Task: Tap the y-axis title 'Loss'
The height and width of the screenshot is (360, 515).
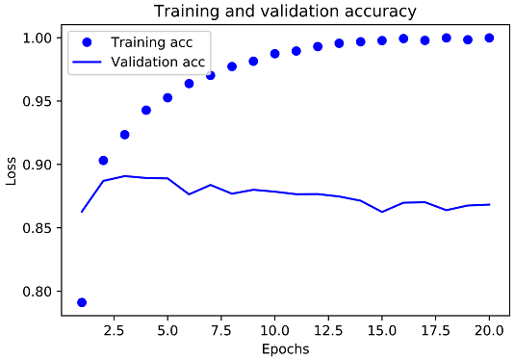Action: tap(13, 169)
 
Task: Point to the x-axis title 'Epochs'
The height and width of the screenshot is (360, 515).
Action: tap(285, 348)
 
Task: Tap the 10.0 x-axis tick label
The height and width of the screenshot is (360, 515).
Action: tap(274, 326)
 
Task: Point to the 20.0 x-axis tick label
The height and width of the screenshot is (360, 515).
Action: tap(489, 326)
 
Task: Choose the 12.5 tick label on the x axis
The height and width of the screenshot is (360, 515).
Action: tap(328, 326)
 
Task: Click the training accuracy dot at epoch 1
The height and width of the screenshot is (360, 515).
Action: tap(82, 302)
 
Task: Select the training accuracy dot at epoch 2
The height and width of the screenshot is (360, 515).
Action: tap(103, 160)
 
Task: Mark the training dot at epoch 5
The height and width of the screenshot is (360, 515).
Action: tap(167, 97)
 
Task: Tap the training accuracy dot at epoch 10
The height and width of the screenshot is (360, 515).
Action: tap(274, 54)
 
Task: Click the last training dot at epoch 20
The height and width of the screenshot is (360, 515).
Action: tap(489, 38)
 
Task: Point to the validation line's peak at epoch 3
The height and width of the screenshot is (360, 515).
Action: tap(124, 176)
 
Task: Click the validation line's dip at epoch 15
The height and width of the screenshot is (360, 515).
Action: tap(382, 212)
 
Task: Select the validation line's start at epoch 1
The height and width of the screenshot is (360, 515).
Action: tap(82, 212)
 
